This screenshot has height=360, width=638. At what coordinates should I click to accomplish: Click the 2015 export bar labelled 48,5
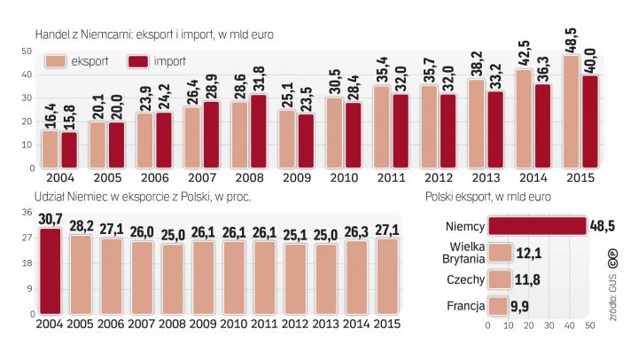[x=572, y=111]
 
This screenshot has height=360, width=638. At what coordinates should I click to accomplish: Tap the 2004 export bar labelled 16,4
[x=50, y=148]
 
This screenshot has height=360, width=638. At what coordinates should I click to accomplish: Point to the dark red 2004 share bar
[x=50, y=271]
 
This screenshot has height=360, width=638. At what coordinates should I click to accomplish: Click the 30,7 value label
[x=51, y=220]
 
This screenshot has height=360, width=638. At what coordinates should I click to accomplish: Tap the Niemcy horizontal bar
[x=537, y=227]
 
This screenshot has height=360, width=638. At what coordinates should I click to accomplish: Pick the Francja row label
[x=466, y=307]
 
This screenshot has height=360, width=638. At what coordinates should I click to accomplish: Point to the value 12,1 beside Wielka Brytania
[x=530, y=254]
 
